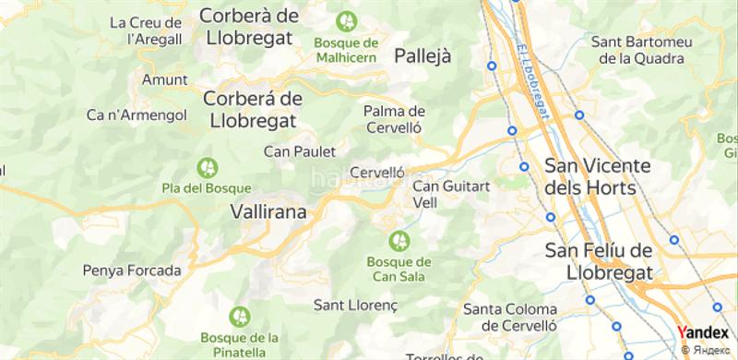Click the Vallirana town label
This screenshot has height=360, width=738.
click(x=268, y=211)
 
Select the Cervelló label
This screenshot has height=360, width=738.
click(x=378, y=173)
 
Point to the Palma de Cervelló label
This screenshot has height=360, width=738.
click(x=393, y=120)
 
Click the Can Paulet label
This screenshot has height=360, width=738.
click(x=299, y=150)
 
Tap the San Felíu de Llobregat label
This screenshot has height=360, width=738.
click(x=599, y=262)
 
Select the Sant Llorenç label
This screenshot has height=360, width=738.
click(x=355, y=304)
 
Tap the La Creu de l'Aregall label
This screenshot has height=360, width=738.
click(x=144, y=30)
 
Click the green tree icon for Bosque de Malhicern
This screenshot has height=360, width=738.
click(x=347, y=18)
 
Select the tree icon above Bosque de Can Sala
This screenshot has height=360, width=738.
click(x=399, y=241)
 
